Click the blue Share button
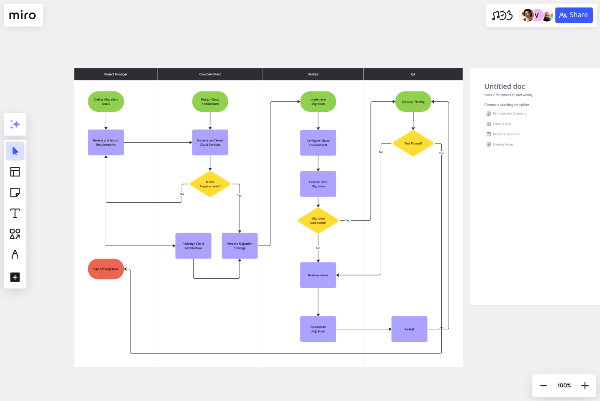click(573, 15)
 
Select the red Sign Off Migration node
click(106, 269)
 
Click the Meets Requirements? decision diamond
click(210, 184)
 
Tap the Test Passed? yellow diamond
click(413, 144)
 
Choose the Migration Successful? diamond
click(318, 221)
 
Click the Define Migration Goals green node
click(106, 102)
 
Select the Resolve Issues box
click(318, 275)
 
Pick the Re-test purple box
click(409, 329)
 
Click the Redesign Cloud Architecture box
click(193, 246)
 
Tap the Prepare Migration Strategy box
click(240, 246)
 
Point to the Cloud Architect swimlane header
click(210, 74)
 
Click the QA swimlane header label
click(413, 74)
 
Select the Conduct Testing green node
click(413, 102)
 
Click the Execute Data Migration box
click(318, 184)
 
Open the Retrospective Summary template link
click(509, 113)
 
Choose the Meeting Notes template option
click(503, 144)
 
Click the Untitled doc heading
click(505, 86)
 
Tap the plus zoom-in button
click(585, 386)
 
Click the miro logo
click(23, 15)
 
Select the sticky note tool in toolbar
click(15, 192)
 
